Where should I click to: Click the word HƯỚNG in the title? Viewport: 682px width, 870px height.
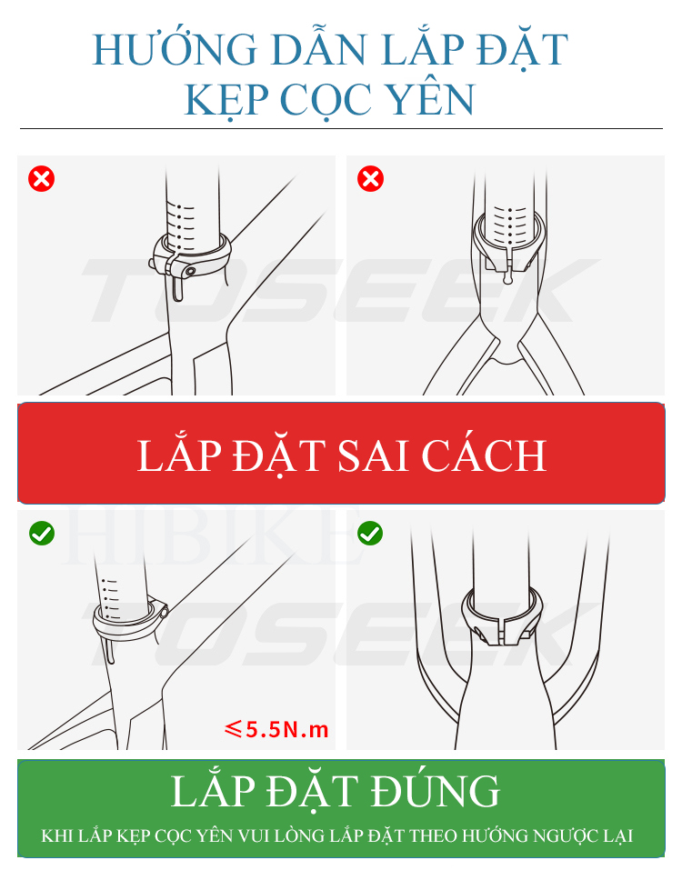point(175,49)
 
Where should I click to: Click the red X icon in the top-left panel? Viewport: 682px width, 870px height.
point(42,179)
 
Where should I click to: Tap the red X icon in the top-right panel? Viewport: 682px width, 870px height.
point(371,179)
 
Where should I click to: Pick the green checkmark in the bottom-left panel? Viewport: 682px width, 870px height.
point(42,534)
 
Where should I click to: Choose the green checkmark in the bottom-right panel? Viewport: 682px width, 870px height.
point(370,534)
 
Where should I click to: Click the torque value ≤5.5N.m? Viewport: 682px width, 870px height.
point(276,728)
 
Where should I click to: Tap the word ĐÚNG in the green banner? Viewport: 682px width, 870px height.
point(435,790)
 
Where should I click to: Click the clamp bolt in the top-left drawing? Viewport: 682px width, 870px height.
point(190,271)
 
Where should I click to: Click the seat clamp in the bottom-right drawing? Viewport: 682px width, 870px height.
point(503,615)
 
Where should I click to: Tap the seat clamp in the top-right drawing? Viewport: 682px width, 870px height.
point(507,245)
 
